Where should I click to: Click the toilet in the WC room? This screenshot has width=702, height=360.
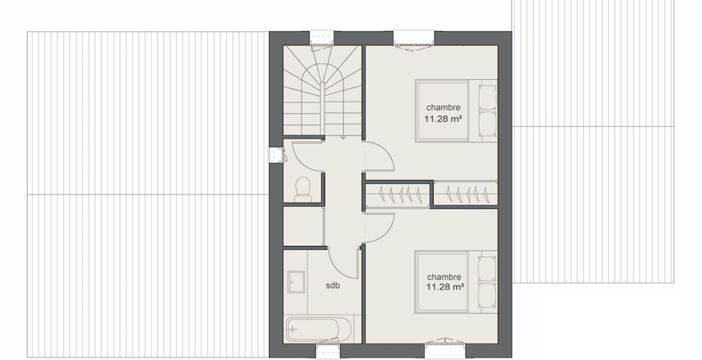tap(304, 190)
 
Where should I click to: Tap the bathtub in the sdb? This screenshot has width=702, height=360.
tap(313, 329)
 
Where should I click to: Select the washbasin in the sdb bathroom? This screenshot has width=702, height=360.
tap(296, 281)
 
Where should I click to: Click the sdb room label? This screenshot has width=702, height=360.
tap(332, 285)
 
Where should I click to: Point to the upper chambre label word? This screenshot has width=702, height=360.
tap(443, 107)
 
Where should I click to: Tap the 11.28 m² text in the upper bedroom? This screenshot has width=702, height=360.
tap(443, 119)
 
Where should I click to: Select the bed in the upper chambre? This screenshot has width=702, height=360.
tap(456, 110)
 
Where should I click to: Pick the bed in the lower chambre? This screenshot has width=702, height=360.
tap(456, 281)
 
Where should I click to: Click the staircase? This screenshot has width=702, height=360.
tap(322, 91)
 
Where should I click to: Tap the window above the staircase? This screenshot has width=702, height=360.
tap(322, 38)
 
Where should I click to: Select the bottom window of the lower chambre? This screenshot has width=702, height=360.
tap(445, 350)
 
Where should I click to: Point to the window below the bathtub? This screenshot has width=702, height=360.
tap(328, 350)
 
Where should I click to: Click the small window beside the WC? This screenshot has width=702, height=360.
tap(275, 155)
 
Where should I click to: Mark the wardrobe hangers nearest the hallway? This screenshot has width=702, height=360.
tap(398, 195)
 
